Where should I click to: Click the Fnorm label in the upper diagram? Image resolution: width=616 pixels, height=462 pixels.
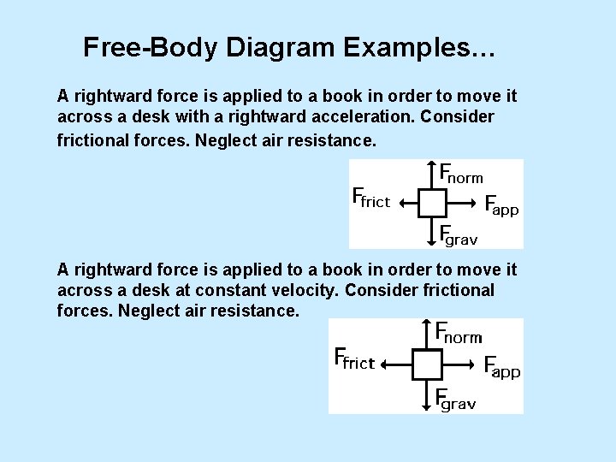click(461, 175)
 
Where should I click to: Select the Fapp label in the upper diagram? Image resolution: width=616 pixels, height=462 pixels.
click(501, 206)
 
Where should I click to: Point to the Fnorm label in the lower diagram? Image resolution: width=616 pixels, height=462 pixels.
click(459, 334)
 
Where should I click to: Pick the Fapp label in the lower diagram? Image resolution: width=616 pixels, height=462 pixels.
click(501, 368)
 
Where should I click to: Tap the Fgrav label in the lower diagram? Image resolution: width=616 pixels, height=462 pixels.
click(455, 400)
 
